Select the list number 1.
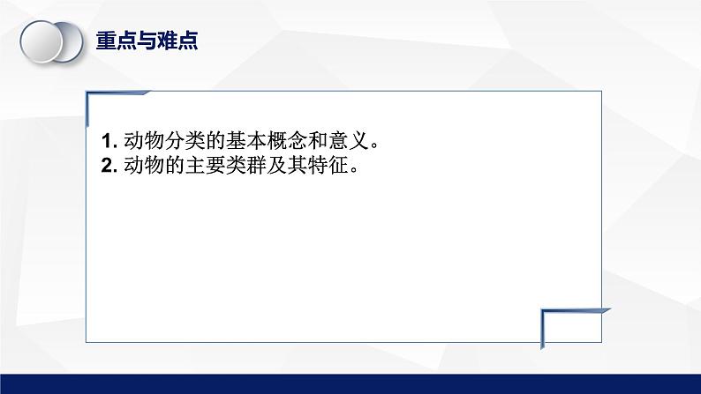[x=108, y=141]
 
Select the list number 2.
[x=108, y=165]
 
